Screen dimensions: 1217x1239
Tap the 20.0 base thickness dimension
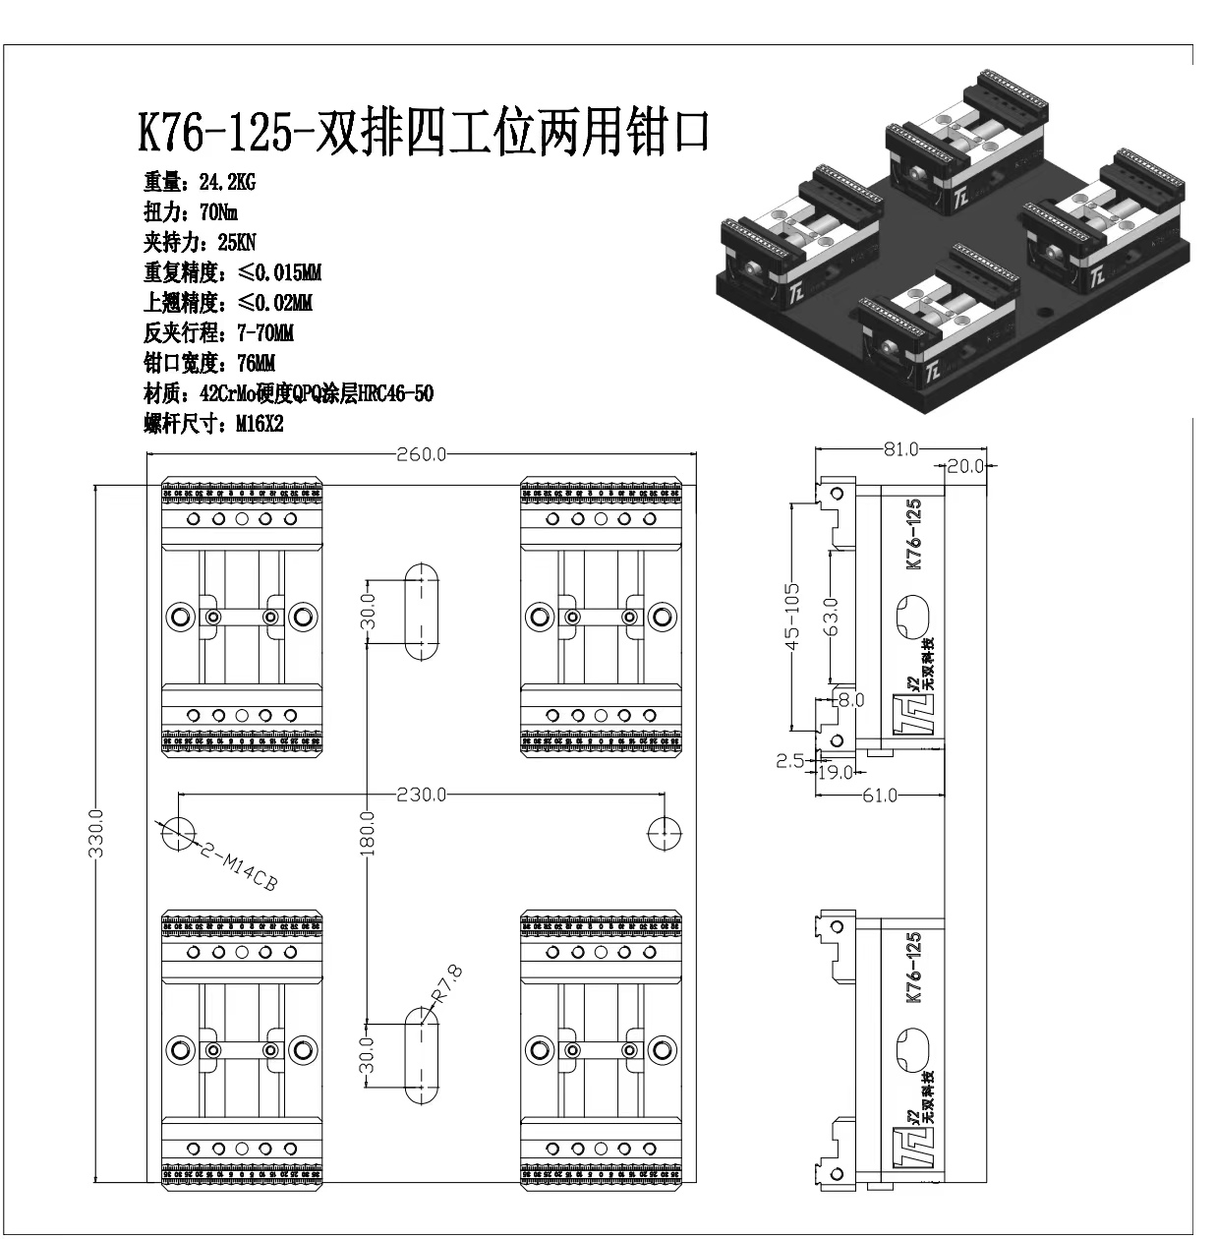pyautogui.click(x=966, y=466)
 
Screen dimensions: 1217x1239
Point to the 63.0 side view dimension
pyautogui.click(x=832, y=618)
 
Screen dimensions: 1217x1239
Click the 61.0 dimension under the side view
pyautogui.click(x=879, y=795)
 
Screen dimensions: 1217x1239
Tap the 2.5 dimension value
pyautogui.click(x=789, y=760)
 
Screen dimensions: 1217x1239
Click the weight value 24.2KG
pyautogui.click(x=227, y=182)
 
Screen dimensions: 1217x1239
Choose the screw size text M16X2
pyautogui.click(x=260, y=425)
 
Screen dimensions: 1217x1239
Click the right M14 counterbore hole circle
pyautogui.click(x=666, y=833)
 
